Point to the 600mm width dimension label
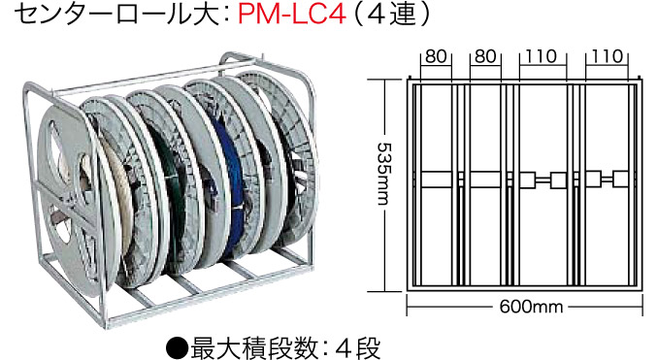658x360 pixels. point(525,308)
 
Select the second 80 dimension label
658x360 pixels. point(485,57)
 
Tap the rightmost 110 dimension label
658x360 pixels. point(608,57)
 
